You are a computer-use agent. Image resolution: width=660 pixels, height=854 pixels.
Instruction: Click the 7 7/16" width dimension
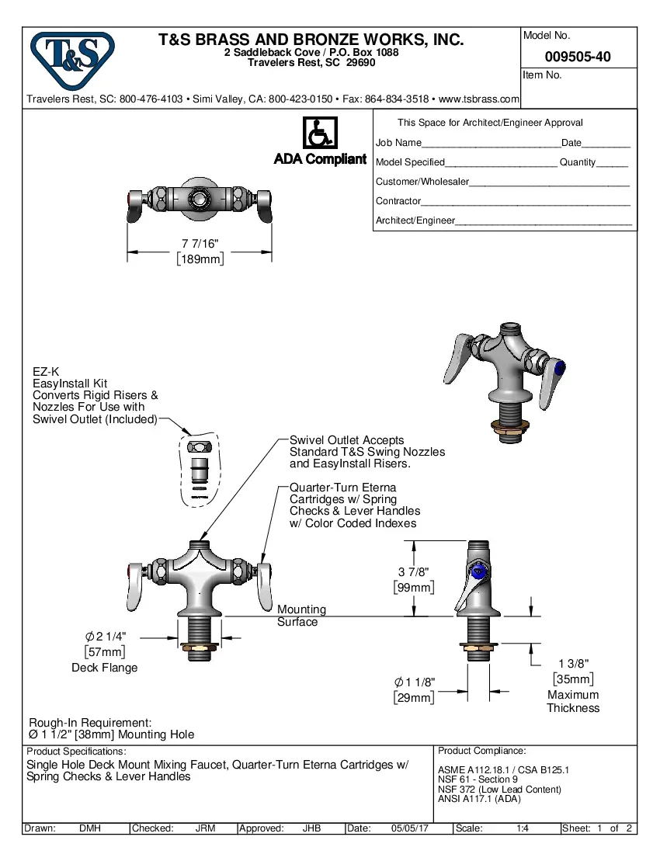coord(200,244)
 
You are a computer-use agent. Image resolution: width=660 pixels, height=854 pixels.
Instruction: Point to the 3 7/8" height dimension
coord(413,572)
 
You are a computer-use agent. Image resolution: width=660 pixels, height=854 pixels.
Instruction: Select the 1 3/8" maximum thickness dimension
coord(574,663)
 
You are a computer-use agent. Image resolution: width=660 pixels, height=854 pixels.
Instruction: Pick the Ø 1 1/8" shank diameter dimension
coord(414,682)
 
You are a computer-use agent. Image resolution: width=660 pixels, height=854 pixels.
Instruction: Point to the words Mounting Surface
coord(301,616)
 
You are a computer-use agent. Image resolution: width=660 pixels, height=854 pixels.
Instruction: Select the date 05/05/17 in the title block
coord(410,828)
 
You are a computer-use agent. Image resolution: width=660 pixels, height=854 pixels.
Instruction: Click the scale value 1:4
coord(523,828)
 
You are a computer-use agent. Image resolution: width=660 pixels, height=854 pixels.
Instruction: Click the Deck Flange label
coord(105,668)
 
